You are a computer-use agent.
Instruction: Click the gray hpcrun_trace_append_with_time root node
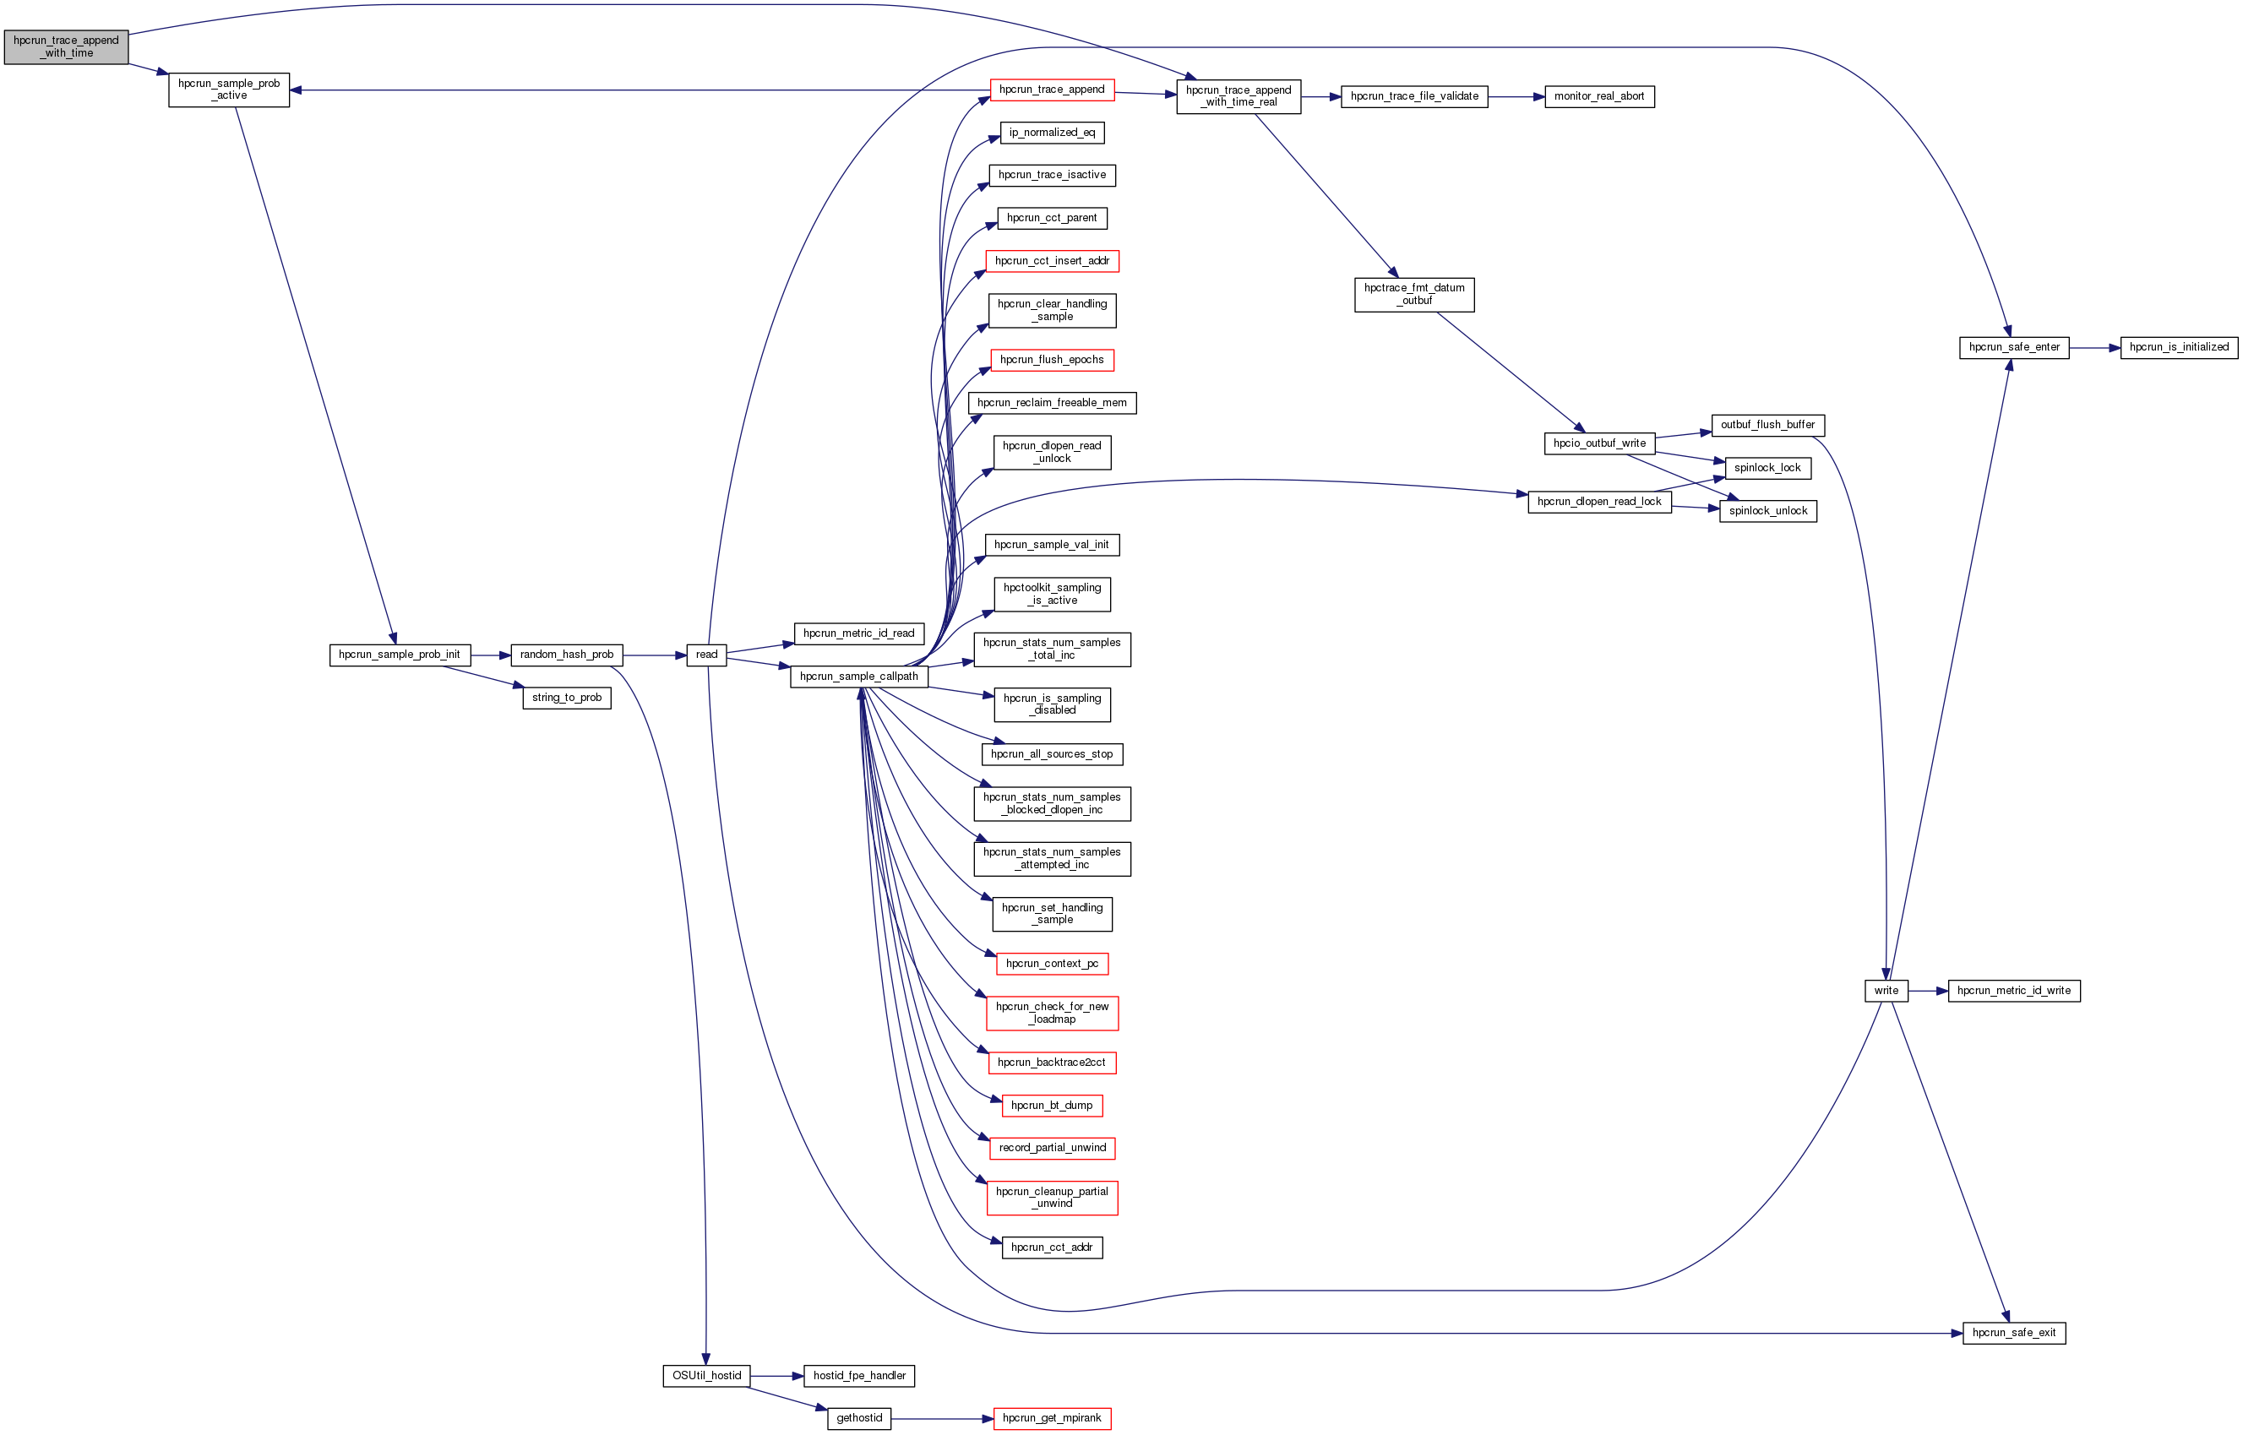click(65, 47)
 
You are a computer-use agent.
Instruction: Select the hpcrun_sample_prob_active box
click(228, 90)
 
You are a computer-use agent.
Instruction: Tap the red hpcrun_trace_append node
click(1051, 90)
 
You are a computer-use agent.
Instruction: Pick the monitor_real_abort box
click(1599, 97)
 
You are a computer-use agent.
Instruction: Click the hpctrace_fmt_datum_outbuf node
click(1413, 295)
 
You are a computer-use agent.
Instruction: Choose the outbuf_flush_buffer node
click(1767, 425)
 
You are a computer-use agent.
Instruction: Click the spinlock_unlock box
click(1767, 512)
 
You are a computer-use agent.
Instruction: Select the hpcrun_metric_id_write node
click(2013, 992)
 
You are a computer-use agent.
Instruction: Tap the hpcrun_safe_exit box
click(2013, 1334)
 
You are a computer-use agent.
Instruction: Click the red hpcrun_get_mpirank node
click(1051, 1419)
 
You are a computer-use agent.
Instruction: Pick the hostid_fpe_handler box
click(858, 1376)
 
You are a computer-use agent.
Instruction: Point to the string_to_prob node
click(567, 698)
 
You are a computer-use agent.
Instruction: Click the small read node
click(706, 655)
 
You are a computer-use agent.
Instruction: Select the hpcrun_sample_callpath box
click(858, 677)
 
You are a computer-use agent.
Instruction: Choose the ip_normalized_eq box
click(1051, 133)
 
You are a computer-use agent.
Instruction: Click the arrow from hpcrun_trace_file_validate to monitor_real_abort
click(1516, 97)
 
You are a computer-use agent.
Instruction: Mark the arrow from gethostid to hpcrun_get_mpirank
click(941, 1419)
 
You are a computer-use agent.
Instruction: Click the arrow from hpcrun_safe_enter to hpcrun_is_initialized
click(2094, 348)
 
